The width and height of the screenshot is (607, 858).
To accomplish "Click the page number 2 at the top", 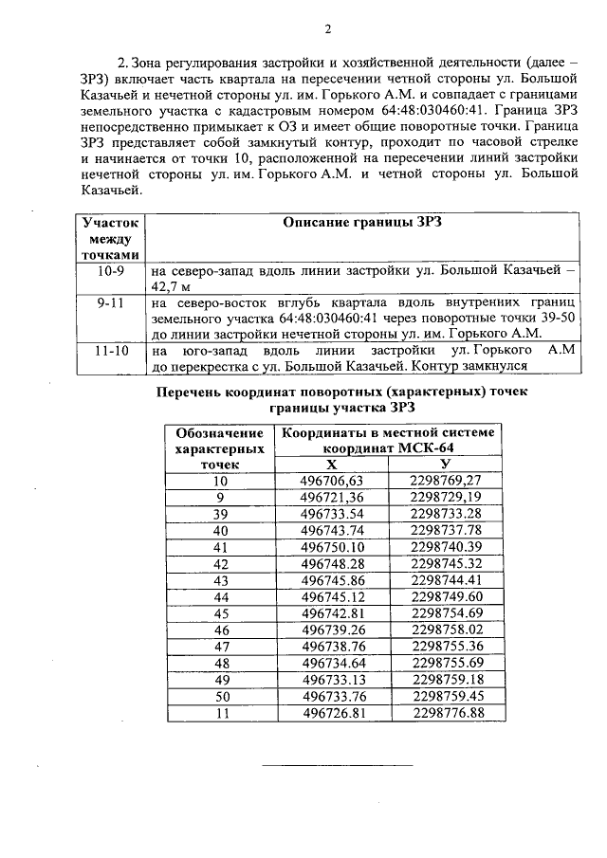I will click(x=327, y=28).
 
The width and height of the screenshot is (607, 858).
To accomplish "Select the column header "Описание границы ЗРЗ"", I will click(x=363, y=222).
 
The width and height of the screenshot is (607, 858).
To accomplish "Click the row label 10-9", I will click(x=110, y=270).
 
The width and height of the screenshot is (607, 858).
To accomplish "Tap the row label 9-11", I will click(x=110, y=303).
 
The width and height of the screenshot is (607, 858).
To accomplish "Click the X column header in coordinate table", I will click(x=331, y=465).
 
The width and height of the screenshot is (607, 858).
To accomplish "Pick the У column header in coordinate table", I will click(x=445, y=465).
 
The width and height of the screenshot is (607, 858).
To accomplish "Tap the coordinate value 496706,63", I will click(x=332, y=481).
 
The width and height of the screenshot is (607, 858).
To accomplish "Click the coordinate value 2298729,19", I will click(x=446, y=497).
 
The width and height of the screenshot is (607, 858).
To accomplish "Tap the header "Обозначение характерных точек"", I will click(x=221, y=447).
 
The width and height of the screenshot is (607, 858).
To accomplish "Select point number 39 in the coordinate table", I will click(x=221, y=513).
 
